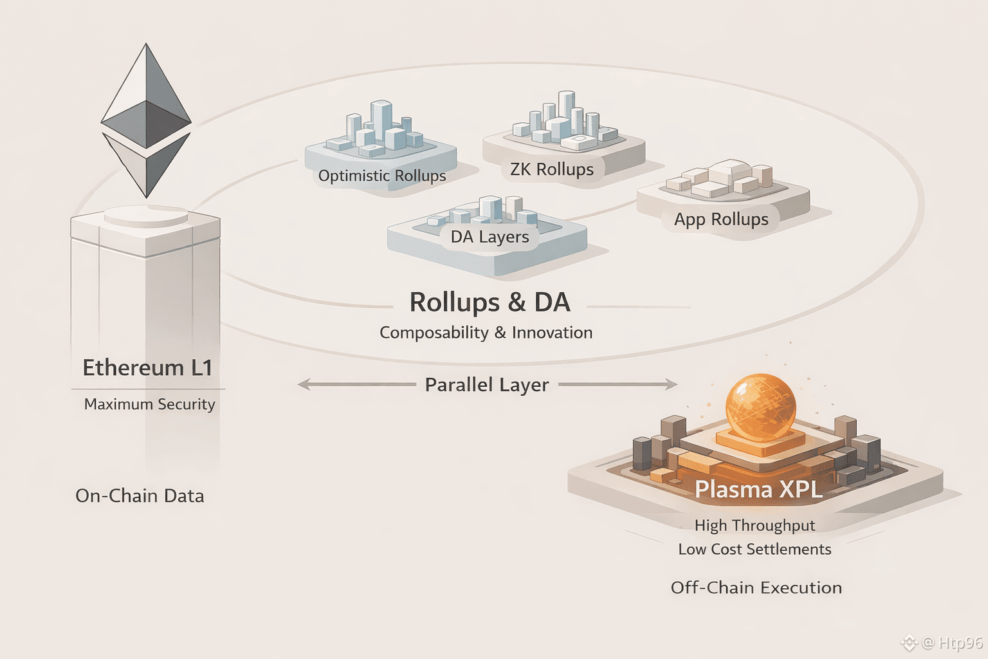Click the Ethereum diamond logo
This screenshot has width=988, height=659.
coord(146,120)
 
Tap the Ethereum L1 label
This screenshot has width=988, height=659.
coord(147,367)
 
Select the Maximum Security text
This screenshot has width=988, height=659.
coord(149,404)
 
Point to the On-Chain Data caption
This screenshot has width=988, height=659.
coord(140,496)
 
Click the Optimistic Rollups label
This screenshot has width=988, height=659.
coord(382,176)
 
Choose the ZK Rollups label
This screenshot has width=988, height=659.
coord(552,169)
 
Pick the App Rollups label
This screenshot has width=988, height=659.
coord(721,219)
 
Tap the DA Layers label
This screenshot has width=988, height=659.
coord(489,237)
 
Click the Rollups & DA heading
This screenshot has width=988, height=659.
coord(489,302)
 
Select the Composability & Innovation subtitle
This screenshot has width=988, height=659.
coord(486,333)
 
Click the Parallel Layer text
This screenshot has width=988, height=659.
coord(487,385)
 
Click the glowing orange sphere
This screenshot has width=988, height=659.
coord(760,407)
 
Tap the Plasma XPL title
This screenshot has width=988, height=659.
coord(759,489)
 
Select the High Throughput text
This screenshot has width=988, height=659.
coord(755,526)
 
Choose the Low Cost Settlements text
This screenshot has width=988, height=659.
coord(755,549)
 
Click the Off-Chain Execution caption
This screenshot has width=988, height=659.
coord(756,588)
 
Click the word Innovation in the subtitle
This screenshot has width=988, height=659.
coord(552,333)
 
